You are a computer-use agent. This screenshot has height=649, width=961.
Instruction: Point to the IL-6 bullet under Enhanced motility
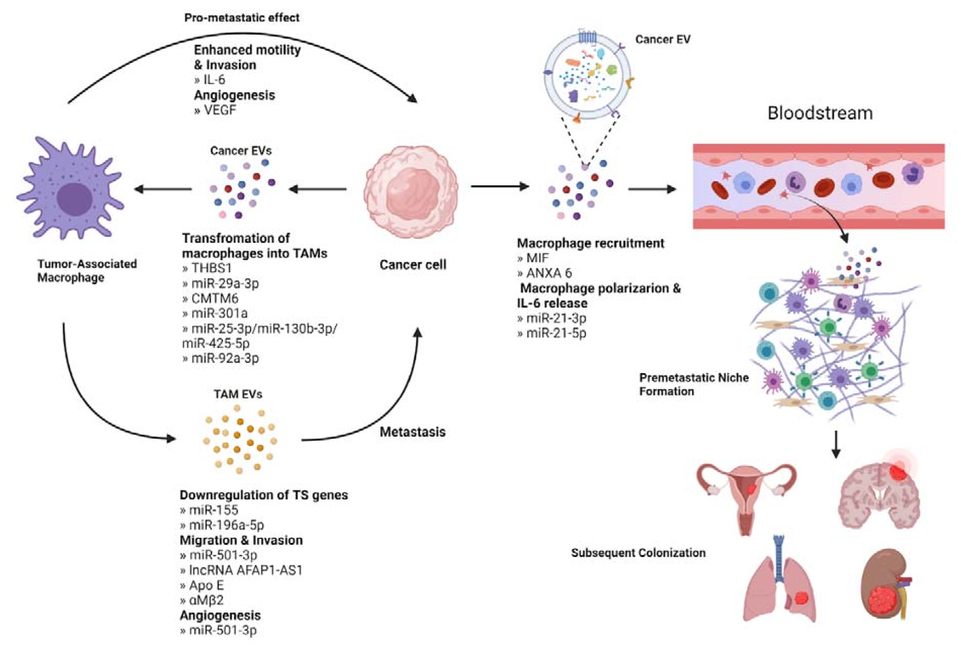(214, 80)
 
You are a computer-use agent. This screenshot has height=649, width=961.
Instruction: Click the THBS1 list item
(211, 268)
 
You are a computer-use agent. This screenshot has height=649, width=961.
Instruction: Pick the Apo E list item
(206, 585)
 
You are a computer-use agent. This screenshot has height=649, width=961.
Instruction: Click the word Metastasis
(412, 432)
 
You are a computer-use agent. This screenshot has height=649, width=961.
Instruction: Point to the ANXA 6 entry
(548, 273)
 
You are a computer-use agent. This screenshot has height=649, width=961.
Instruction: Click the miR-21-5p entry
(555, 333)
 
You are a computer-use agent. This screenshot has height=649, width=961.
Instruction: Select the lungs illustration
(779, 583)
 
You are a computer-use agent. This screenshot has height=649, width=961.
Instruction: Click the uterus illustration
(746, 496)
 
